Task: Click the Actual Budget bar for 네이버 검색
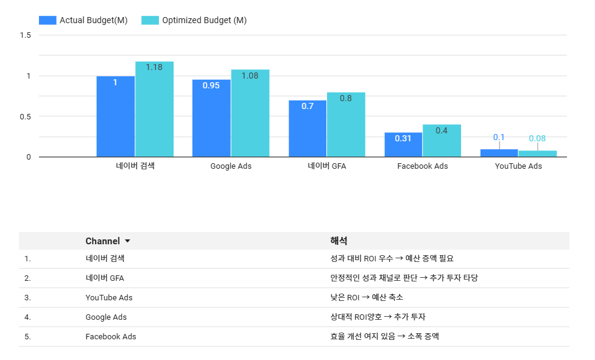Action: pyautogui.click(x=115, y=116)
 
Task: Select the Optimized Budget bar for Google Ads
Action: pyautogui.click(x=250, y=113)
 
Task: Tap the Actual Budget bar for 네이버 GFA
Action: pyautogui.click(x=308, y=129)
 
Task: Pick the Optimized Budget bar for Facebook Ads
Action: pyautogui.click(x=442, y=141)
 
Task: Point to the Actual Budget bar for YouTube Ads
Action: pyautogui.click(x=499, y=153)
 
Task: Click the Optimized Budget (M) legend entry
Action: pyautogui.click(x=194, y=20)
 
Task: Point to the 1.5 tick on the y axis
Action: pyautogui.click(x=25, y=35)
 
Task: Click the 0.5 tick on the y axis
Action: pyautogui.click(x=25, y=116)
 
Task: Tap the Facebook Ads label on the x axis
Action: pyautogui.click(x=422, y=166)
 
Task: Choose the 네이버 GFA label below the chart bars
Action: pyautogui.click(x=326, y=166)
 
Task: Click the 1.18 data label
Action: pyautogui.click(x=154, y=67)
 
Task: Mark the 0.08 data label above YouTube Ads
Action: pyautogui.click(x=537, y=138)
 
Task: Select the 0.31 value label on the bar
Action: pyautogui.click(x=403, y=138)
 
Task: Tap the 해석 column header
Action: pyautogui.click(x=339, y=241)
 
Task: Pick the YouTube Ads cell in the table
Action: pyautogui.click(x=109, y=297)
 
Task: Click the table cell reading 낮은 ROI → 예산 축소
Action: pyautogui.click(x=367, y=297)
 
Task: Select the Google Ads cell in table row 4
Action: pyautogui.click(x=106, y=317)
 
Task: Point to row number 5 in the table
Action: pyautogui.click(x=27, y=336)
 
